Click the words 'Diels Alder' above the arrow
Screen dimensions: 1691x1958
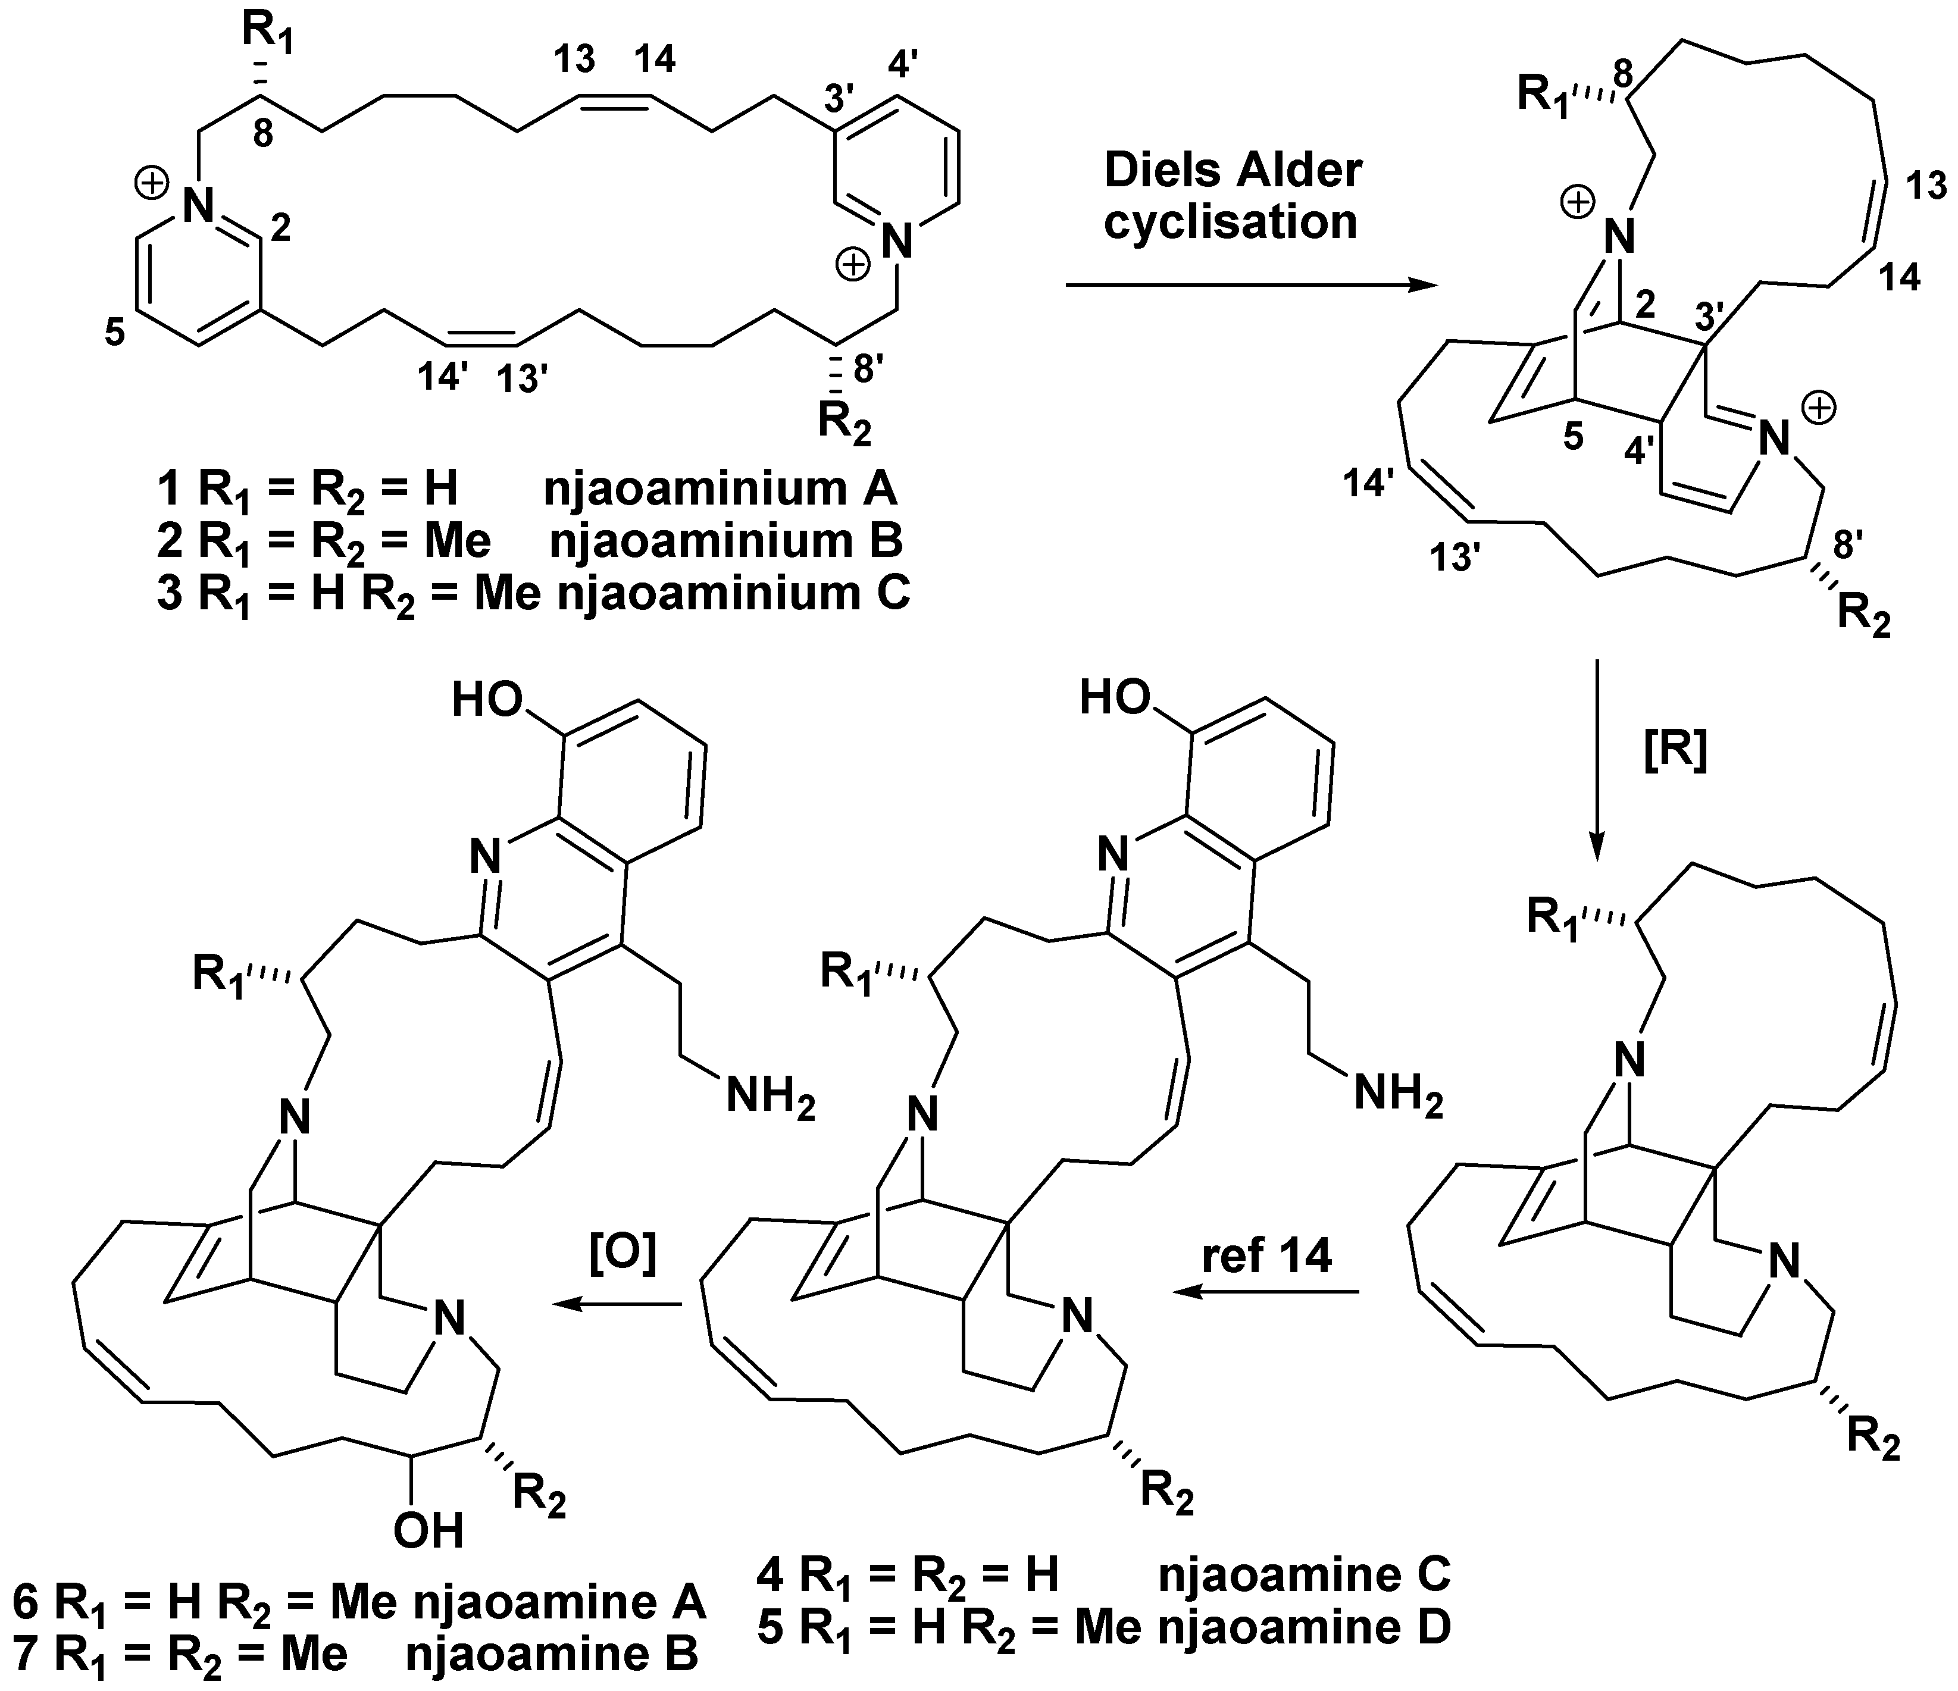pyautogui.click(x=1233, y=171)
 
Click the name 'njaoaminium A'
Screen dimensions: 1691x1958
pyautogui.click(x=720, y=489)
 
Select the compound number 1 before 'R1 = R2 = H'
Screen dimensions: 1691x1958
pyautogui.click(x=169, y=489)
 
